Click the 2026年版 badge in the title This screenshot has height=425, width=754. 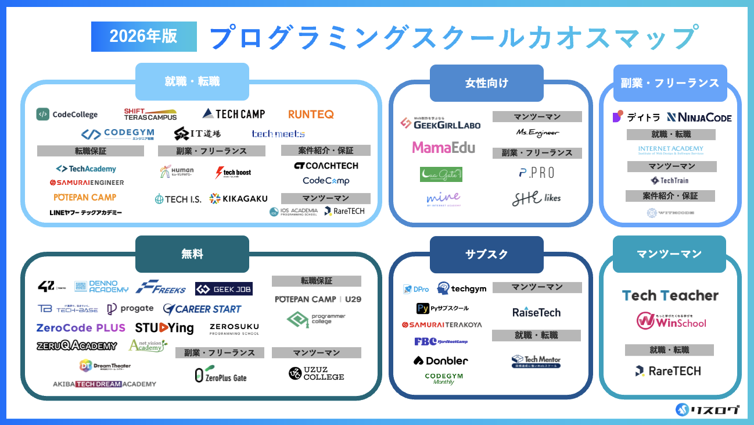(143, 37)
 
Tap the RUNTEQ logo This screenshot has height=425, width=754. (311, 114)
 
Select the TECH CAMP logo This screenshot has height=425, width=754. (234, 114)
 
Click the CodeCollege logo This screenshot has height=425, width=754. (67, 114)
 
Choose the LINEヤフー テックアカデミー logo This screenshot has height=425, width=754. (85, 212)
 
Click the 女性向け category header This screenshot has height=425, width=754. (487, 83)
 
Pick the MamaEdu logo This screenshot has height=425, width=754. (443, 148)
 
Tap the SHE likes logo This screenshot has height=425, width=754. (536, 198)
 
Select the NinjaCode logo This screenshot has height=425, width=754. (699, 117)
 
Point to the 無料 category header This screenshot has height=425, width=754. (192, 253)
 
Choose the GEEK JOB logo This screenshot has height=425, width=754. (224, 289)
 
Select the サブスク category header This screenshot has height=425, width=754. (487, 253)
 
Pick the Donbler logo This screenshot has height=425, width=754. (440, 360)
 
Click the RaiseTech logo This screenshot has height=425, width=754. (536, 312)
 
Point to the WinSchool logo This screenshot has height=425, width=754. (671, 321)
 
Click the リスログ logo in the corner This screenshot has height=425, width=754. (708, 410)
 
